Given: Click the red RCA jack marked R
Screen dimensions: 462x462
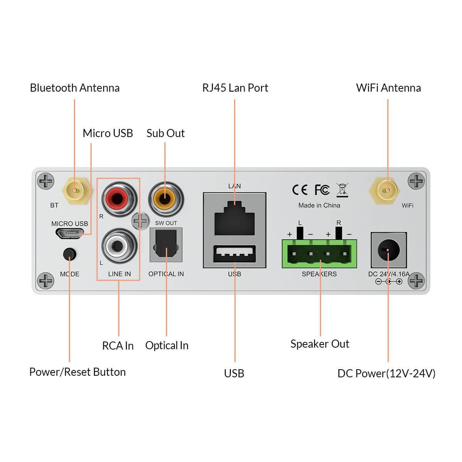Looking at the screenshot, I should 119,199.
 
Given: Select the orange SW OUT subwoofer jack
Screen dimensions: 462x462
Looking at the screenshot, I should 166,198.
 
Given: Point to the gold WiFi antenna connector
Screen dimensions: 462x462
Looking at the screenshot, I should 387,189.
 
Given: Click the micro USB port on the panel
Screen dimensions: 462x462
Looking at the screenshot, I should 70,233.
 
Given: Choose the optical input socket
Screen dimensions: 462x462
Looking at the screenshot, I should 166,245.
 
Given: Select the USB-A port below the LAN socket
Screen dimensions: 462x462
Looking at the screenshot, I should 234,254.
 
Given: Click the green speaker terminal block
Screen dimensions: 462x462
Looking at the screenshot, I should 319,254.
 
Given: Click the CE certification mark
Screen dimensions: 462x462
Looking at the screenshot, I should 300,190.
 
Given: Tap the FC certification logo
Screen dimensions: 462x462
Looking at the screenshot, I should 322,190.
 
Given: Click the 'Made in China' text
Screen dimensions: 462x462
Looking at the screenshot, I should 319,205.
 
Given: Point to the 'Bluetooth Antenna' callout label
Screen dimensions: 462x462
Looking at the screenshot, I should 75,88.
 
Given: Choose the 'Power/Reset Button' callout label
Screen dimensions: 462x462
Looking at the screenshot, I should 77,372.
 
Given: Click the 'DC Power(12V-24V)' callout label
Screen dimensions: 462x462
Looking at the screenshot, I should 386,373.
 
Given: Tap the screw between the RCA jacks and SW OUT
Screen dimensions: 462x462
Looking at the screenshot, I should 140,221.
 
